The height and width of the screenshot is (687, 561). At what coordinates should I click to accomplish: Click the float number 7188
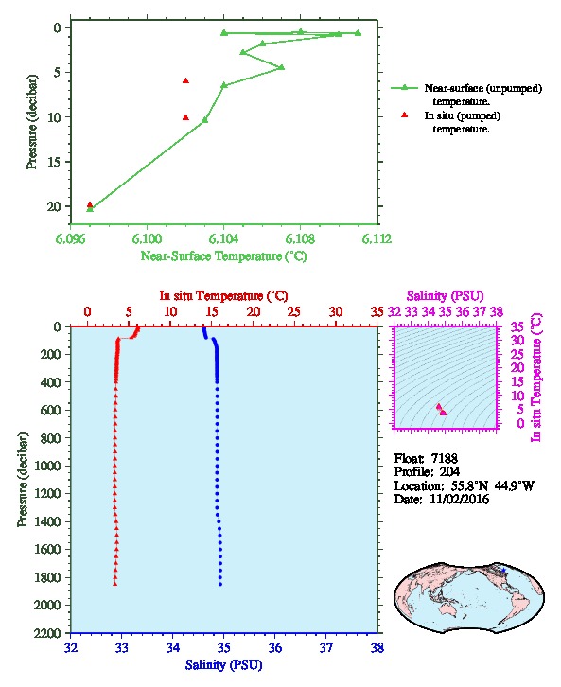pos(444,458)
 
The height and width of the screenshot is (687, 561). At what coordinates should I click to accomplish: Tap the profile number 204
pos(449,472)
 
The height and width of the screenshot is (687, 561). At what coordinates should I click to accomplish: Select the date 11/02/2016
pos(459,499)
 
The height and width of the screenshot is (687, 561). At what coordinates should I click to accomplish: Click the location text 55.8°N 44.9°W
pos(490,485)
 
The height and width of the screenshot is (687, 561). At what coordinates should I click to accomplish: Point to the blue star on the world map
pos(503,571)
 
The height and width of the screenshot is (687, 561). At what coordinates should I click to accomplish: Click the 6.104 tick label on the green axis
pos(223,238)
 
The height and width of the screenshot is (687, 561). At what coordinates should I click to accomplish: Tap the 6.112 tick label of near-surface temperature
pos(377,238)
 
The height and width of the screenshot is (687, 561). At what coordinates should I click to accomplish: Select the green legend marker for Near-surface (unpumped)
pos(404,88)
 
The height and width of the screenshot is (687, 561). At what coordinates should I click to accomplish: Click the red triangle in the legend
pos(404,114)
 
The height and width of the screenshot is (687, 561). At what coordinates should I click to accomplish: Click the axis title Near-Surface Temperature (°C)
pos(223,255)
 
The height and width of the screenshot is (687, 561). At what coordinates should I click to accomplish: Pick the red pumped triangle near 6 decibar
pos(185,80)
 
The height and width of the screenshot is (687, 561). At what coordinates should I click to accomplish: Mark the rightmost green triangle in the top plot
pos(359,33)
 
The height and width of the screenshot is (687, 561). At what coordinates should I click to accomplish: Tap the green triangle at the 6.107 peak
pos(282,67)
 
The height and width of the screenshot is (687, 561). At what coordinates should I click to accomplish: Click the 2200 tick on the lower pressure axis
pos(49,633)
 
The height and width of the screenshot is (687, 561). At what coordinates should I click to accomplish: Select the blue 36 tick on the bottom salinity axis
pos(275,647)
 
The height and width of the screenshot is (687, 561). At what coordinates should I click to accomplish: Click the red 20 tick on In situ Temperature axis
pos(254,311)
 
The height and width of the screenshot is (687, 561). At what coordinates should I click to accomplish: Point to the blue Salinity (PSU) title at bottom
pos(223,665)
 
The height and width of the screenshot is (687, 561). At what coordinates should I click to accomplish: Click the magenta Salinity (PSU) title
pos(445,296)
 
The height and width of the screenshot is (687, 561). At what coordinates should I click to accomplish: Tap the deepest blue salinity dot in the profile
pos(220,584)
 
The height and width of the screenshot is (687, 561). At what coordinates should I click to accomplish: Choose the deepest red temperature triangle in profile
pos(115,584)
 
